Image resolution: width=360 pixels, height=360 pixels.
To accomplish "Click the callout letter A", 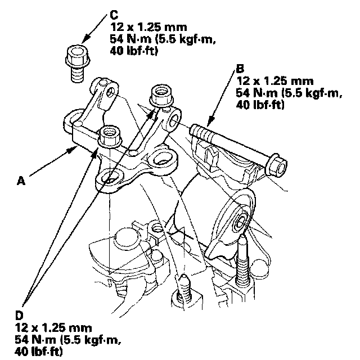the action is coord(21,181).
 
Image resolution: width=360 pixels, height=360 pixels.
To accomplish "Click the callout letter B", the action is coord(240,69).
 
